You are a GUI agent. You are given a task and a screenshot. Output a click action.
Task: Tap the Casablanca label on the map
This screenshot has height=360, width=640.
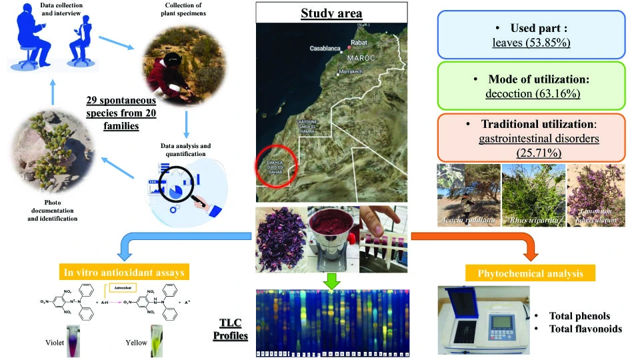[x=325, y=48]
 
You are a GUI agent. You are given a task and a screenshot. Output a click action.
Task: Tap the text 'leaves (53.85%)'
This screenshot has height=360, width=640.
[x=533, y=43]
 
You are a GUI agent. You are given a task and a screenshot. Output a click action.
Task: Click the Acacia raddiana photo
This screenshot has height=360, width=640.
[x=466, y=193]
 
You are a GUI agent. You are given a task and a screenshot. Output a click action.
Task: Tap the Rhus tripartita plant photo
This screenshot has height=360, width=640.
[x=532, y=193]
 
